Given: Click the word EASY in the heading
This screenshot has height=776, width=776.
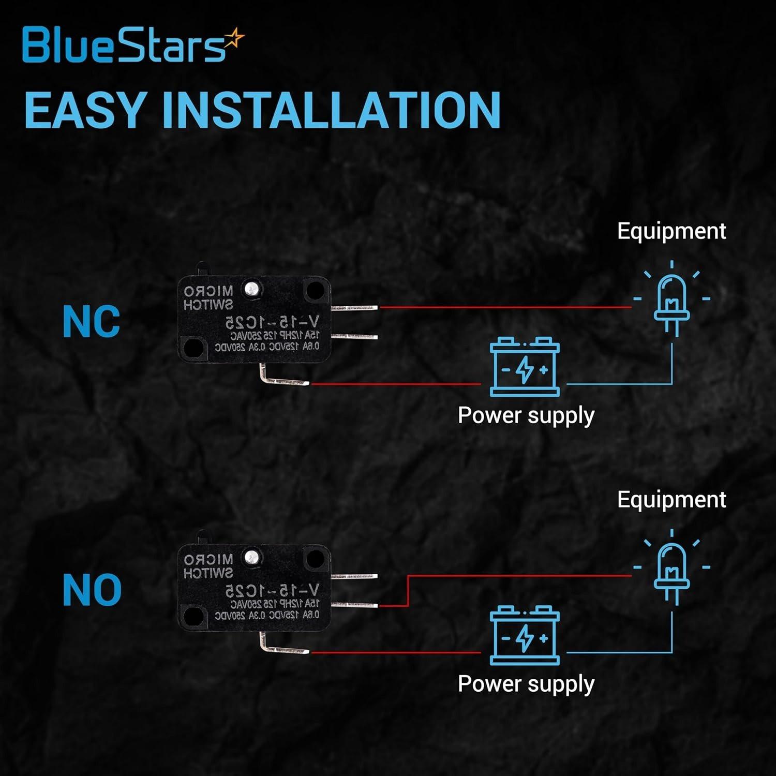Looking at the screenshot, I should point(83,110).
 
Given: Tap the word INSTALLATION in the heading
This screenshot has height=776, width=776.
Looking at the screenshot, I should point(331,110).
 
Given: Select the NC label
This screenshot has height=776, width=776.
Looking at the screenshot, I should point(91,322).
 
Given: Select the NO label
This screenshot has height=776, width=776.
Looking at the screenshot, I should point(92,590).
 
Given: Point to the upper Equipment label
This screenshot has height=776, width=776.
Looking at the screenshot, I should point(671,231).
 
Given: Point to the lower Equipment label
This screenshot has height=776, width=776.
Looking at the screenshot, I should point(671,499).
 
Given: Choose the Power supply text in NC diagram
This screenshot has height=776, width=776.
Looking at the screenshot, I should point(526,415).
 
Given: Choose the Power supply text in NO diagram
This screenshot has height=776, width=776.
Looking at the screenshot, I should point(526,684).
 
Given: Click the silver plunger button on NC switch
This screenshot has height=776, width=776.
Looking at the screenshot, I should point(252,288).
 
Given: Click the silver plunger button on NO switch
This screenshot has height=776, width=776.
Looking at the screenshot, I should point(252,557).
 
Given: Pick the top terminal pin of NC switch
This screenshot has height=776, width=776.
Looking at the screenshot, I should point(354,308).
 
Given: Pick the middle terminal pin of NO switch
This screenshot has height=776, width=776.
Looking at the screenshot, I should point(354,605).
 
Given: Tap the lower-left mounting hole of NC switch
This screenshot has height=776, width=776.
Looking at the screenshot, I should point(193,348).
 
